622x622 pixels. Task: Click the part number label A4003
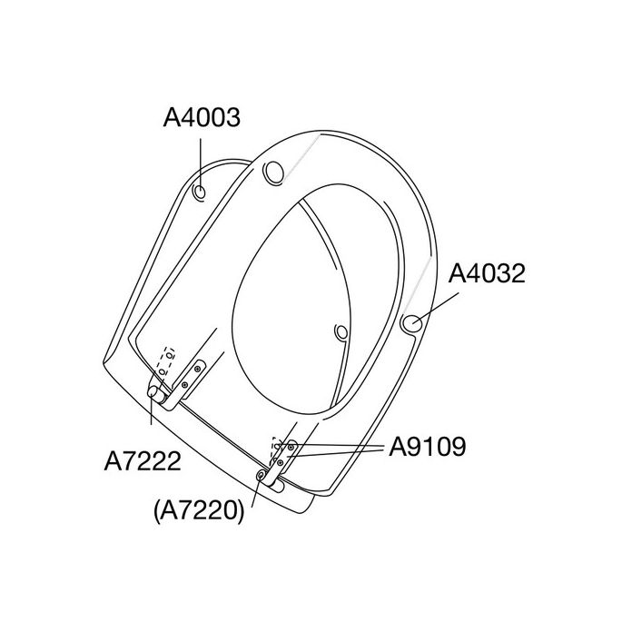pos(202,118)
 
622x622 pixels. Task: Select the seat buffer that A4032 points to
pos(415,322)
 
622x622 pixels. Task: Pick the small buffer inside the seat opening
pos(341,335)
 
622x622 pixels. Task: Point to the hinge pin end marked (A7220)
pos(262,475)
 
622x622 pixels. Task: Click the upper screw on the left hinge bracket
pos(199,369)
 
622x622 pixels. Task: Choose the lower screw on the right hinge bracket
pos(281,461)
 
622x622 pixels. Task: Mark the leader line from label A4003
pos(202,159)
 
